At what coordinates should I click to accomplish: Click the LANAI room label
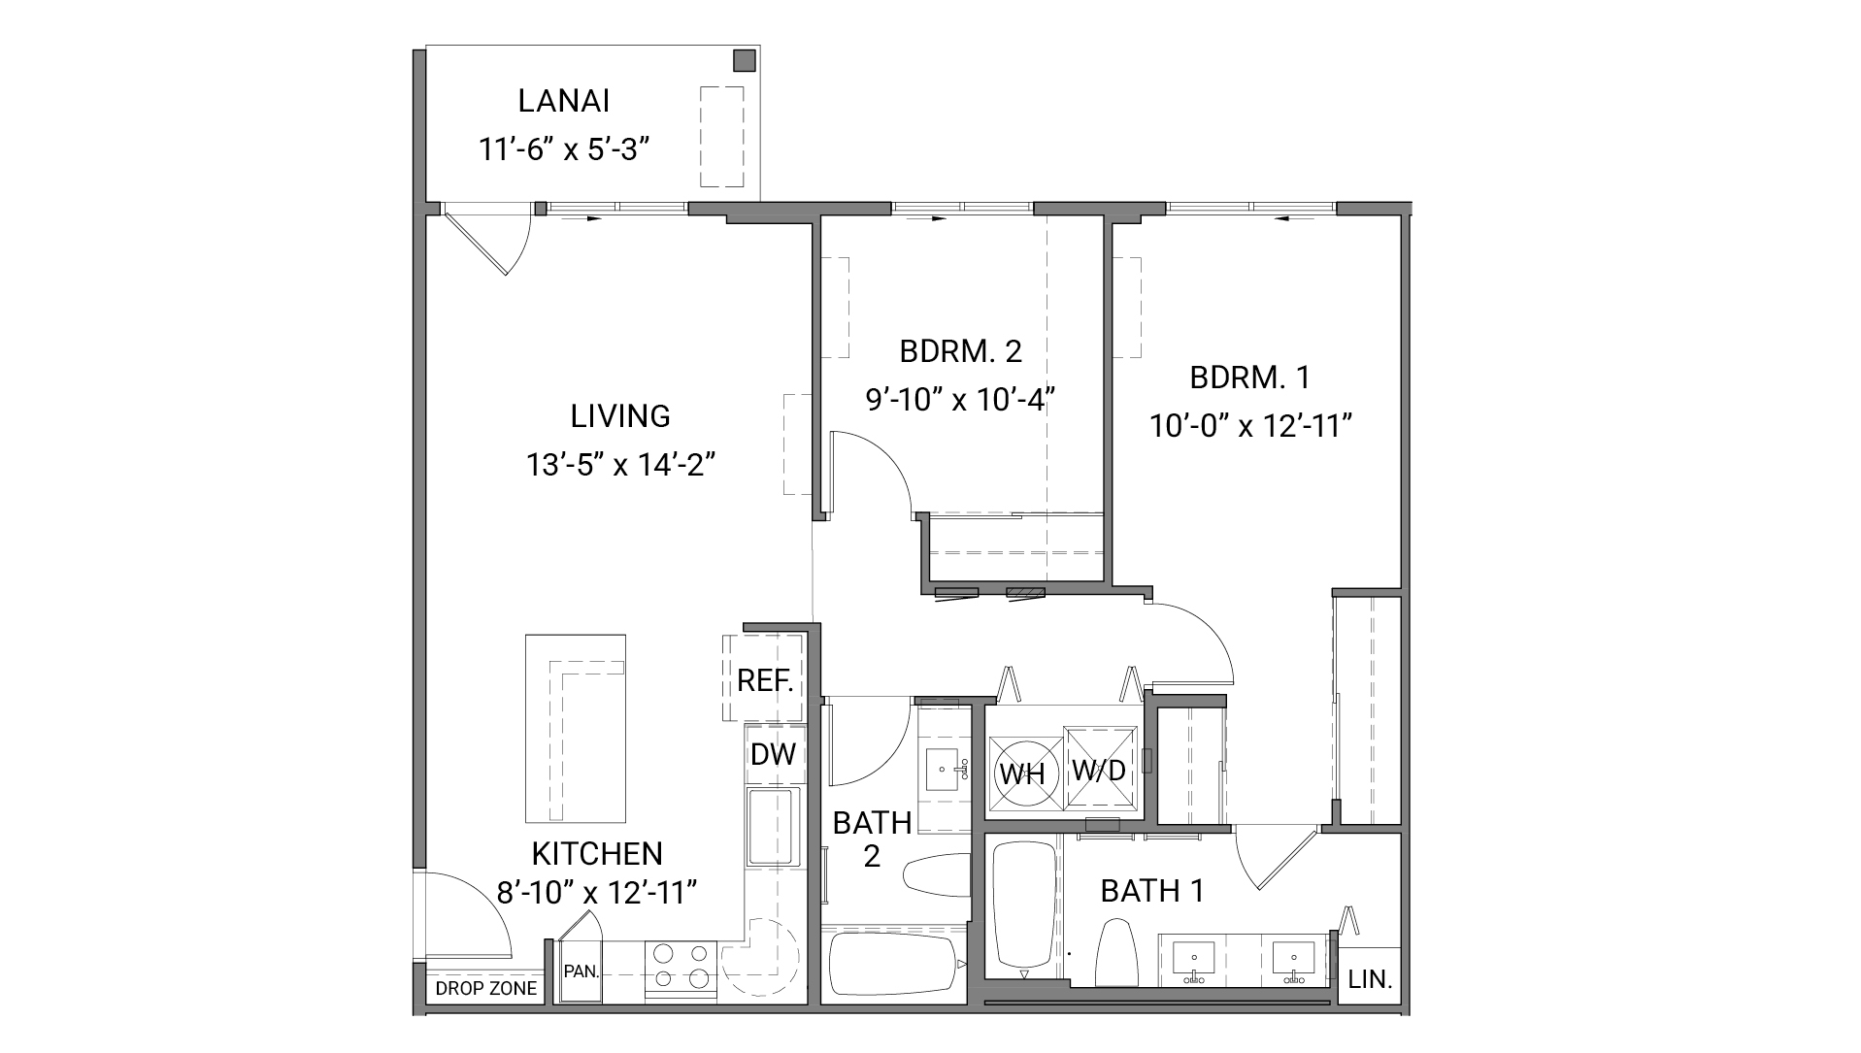coord(563,101)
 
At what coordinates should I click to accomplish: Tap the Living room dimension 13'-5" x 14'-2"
coord(620,465)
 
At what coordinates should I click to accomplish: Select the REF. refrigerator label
coord(765,680)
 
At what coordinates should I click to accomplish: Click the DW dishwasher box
coord(773,754)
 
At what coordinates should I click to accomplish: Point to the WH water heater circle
coord(1022,773)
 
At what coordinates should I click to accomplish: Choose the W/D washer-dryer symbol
coord(1099,770)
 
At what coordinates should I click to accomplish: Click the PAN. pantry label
coord(581,971)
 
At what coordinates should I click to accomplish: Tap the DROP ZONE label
coord(485,989)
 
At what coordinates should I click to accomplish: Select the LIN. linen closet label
coord(1370,979)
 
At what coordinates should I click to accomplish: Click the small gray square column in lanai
coord(744,60)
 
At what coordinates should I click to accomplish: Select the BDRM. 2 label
coord(960,350)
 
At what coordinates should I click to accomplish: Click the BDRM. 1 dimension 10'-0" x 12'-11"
coord(1251,426)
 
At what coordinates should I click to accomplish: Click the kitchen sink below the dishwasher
coord(773,827)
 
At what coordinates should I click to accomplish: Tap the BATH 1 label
coord(1151,890)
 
